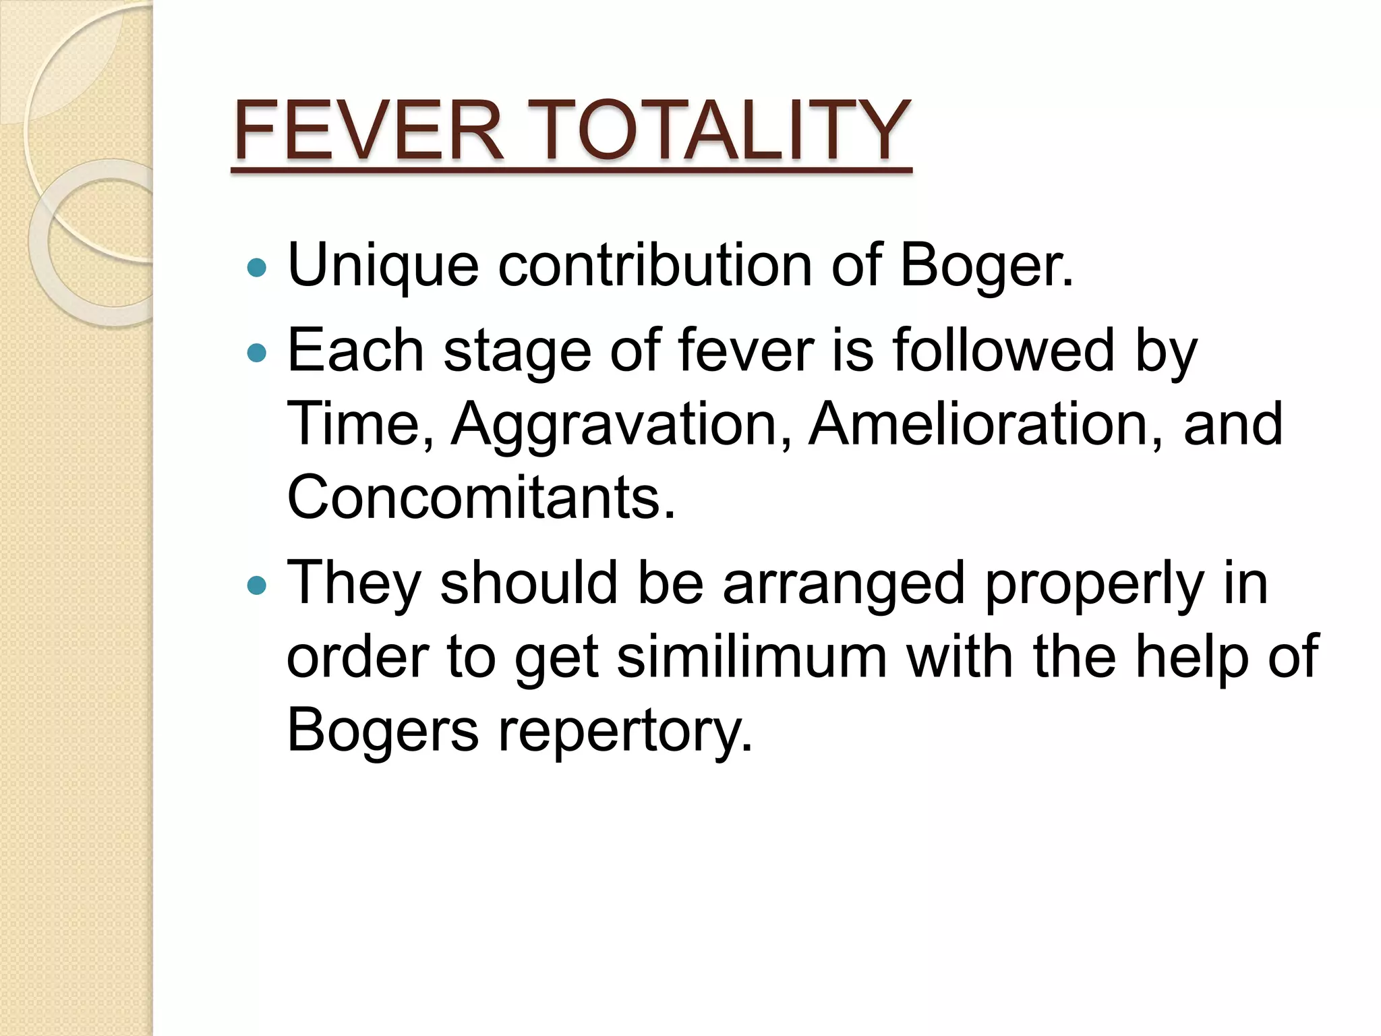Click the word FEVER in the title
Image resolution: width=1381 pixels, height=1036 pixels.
(368, 131)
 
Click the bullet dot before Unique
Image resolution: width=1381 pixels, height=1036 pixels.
(257, 268)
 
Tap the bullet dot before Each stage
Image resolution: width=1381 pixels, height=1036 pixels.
(257, 353)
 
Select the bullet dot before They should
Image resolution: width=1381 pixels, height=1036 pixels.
(257, 585)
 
